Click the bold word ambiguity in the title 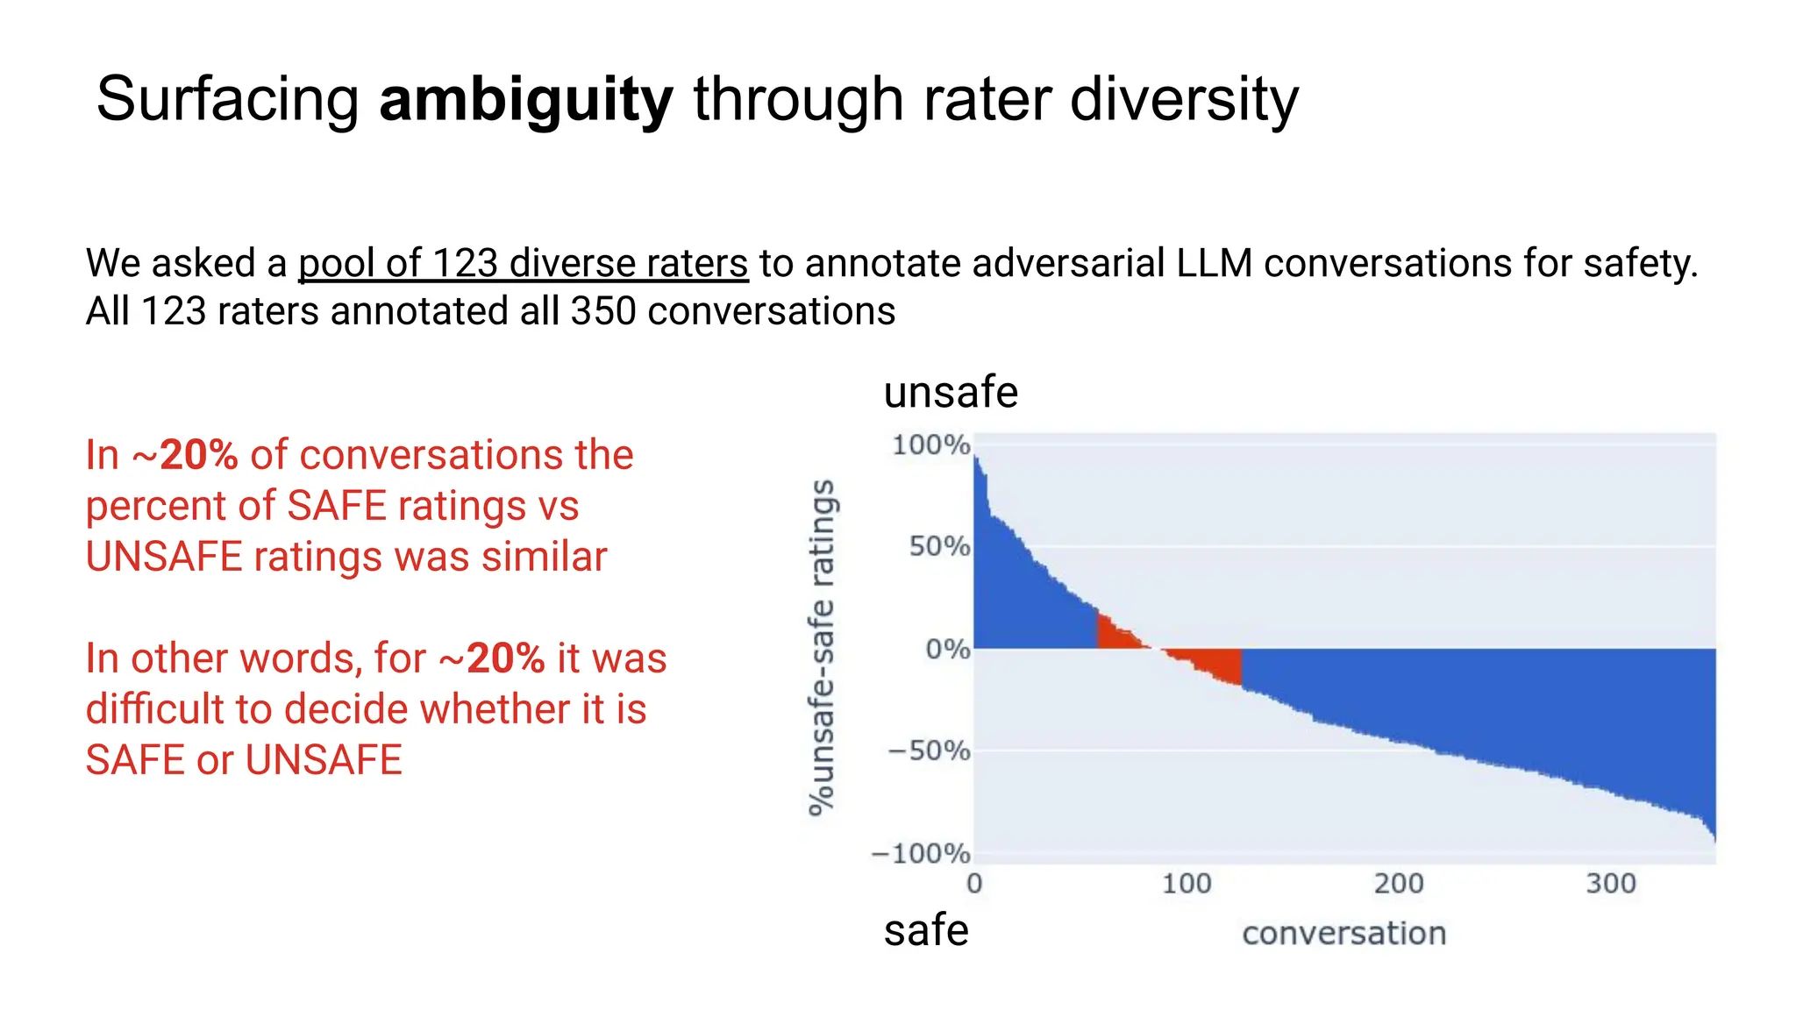tap(525, 100)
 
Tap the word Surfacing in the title tap(227, 100)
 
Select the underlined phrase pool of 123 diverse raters tap(523, 263)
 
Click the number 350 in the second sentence tap(602, 311)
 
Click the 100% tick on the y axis tap(930, 445)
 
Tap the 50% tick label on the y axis tap(938, 547)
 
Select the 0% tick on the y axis tap(947, 650)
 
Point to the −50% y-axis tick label tap(928, 751)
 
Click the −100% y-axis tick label tap(920, 853)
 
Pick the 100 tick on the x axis tap(1186, 884)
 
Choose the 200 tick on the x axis tap(1398, 884)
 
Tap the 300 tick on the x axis tap(1610, 884)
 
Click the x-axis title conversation tap(1343, 934)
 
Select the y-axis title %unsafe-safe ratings tap(822, 648)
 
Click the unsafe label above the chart tap(951, 392)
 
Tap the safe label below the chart tap(926, 930)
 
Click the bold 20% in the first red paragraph tap(199, 455)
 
